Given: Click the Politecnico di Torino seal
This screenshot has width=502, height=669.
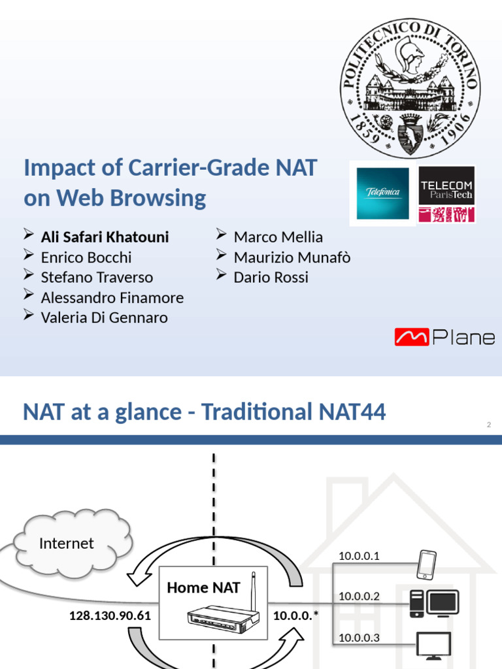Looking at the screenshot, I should click(410, 87).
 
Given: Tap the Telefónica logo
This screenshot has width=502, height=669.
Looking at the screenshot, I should click(382, 193).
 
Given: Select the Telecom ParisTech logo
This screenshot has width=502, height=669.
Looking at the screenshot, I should click(447, 193).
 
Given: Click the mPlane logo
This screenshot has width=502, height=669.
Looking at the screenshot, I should click(444, 337).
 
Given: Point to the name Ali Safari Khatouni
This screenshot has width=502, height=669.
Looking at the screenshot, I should click(105, 237).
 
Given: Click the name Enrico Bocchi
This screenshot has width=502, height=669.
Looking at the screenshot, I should click(86, 257).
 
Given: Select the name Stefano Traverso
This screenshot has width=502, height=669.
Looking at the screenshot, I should click(97, 277).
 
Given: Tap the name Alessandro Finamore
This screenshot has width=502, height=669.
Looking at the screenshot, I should click(112, 298).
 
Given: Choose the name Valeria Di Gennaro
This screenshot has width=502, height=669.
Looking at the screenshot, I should click(104, 318).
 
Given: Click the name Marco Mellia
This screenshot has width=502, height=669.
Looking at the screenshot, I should click(278, 237).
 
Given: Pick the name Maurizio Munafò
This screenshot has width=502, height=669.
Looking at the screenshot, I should click(292, 257).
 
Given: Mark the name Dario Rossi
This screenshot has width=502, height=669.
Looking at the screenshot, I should click(271, 277).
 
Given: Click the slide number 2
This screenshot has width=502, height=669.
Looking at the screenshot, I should click(488, 425).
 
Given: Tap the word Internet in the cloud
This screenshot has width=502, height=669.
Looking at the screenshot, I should click(66, 544).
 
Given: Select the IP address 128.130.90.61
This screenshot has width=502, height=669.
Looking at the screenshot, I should click(110, 615).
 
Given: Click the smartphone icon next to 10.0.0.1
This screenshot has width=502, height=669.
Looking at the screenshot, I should click(427, 564).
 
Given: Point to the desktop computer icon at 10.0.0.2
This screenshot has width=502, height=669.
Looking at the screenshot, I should click(434, 603).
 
